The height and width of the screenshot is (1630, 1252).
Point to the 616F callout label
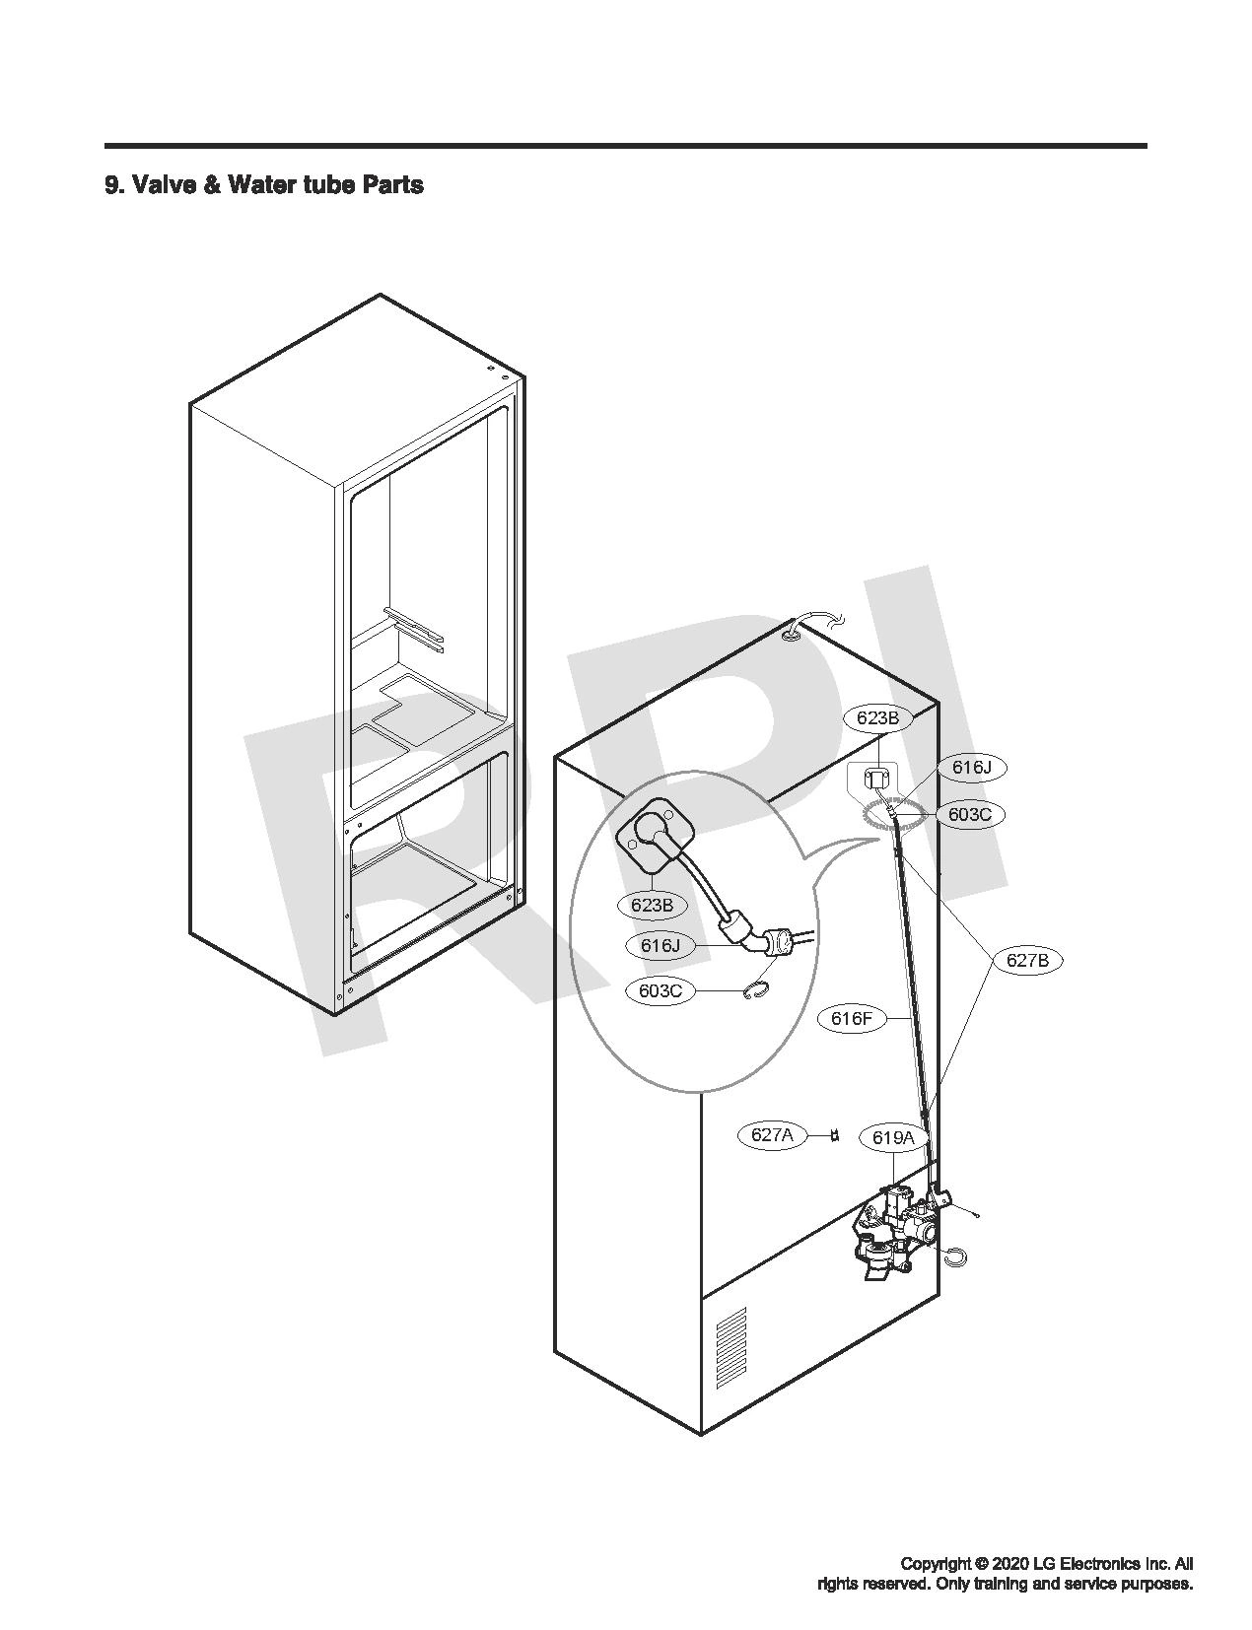tap(852, 1019)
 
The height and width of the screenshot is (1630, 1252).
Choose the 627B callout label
tap(1027, 960)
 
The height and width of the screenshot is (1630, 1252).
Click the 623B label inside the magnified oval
tap(652, 906)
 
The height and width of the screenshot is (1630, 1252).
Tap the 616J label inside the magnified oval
tap(661, 946)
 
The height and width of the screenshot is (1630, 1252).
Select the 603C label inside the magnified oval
tap(661, 990)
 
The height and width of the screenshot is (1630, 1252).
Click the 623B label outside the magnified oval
tap(877, 717)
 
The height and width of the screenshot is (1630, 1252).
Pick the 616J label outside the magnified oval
tap(971, 768)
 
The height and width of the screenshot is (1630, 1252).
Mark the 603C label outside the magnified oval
tap(970, 815)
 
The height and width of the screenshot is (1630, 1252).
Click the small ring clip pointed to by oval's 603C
tap(759, 991)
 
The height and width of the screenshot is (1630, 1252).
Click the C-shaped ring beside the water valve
tap(956, 1255)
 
